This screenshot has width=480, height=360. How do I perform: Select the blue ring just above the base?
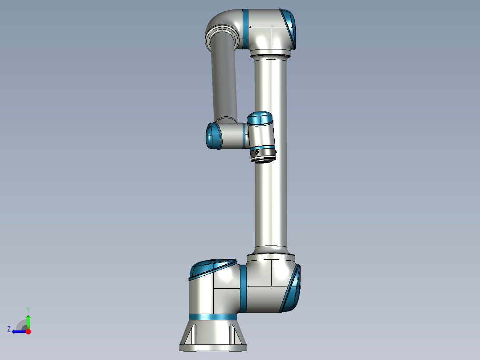click(x=213, y=317)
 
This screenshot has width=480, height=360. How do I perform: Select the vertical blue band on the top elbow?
click(x=245, y=29)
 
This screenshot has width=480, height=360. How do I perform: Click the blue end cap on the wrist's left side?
click(x=213, y=136)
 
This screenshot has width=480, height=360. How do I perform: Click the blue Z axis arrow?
click(x=19, y=331)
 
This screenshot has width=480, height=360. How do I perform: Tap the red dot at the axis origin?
click(x=28, y=331)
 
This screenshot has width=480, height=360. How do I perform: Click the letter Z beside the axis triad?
click(x=9, y=329)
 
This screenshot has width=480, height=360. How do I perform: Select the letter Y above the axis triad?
click(x=28, y=309)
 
